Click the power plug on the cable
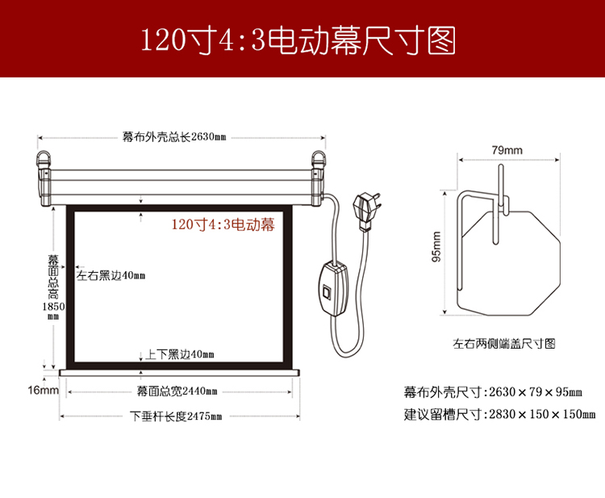coord(365,211)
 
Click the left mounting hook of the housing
coord(44,159)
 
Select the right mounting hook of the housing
coord(319,159)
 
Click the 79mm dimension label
coord(507,150)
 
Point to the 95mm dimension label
coord(436,247)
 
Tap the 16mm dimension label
coord(44,390)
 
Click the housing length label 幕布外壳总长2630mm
coord(174,136)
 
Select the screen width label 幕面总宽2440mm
coord(177,391)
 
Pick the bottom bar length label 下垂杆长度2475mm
coord(176,416)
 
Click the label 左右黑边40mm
coord(111,275)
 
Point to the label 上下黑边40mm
coord(179,354)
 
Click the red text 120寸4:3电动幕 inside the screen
coord(223,224)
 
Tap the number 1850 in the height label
coord(53,307)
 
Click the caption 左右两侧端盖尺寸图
coord(504,343)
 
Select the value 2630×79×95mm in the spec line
coord(536,391)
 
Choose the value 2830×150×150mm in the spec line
coord(543,414)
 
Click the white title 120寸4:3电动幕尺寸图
coord(298,40)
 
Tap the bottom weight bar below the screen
coord(179,373)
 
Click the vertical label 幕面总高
coord(53,277)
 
